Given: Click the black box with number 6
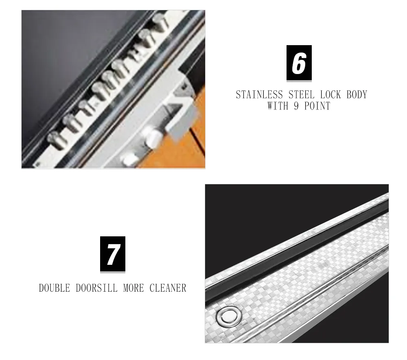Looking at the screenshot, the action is coord(299,63).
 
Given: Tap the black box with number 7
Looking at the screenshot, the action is coord(113,254).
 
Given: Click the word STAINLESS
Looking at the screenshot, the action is coord(259,95).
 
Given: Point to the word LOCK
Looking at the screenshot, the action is coord(330,95).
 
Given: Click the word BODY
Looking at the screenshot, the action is coord(357,95).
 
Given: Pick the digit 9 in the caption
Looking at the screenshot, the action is coord(296,106).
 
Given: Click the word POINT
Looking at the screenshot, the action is coord(317,106).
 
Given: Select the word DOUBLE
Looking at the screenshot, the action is coord(55,288).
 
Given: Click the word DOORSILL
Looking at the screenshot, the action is coord(96,288).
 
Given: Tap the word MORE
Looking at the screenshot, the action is coord(133,288).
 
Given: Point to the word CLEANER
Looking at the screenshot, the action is coord(168,288).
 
